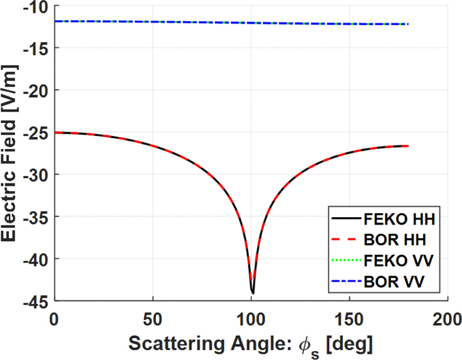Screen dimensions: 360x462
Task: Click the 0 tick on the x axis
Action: point(54,317)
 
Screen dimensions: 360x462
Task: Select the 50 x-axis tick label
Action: point(152,317)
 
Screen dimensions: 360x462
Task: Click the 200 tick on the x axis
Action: point(448,317)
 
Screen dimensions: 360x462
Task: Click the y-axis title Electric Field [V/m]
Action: point(12,153)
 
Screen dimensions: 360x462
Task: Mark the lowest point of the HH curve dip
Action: point(252,293)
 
